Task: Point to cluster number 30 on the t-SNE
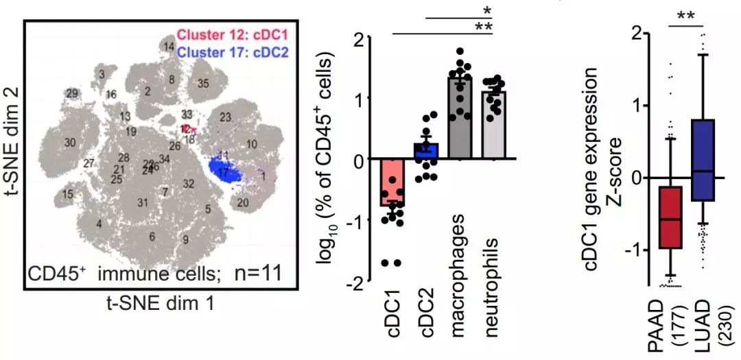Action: (69, 143)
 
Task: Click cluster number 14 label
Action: (168, 46)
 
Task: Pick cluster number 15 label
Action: (67, 195)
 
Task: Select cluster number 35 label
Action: (202, 84)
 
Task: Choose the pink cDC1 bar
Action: (392, 182)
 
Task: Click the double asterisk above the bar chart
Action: (486, 27)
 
